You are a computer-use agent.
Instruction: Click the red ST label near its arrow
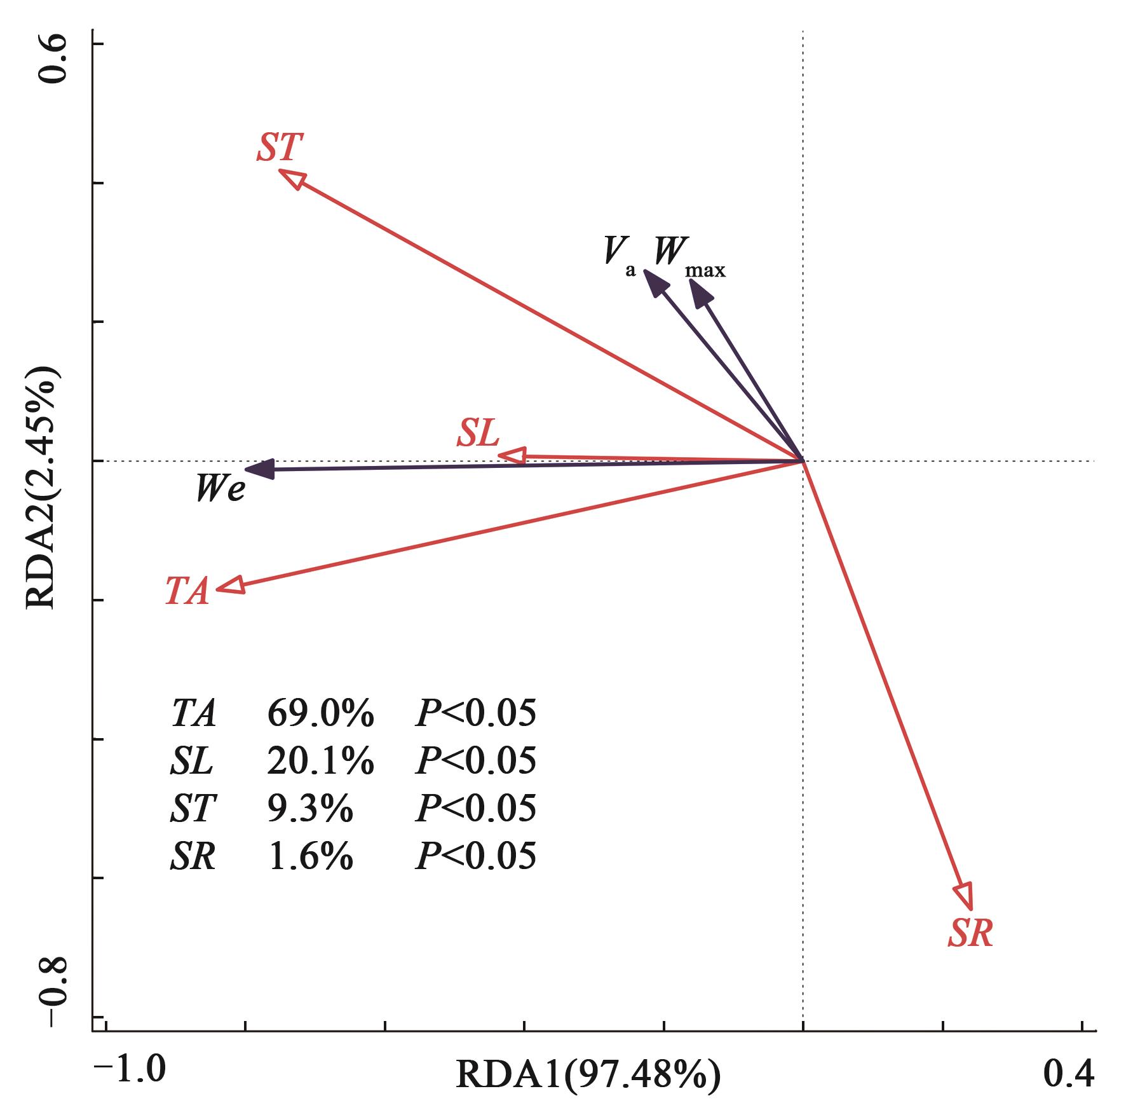coord(278,147)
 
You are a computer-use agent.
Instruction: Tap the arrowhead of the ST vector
coord(292,178)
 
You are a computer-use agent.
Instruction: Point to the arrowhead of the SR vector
coord(965,895)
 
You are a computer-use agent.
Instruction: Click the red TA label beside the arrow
coord(187,591)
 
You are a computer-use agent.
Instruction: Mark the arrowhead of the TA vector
coord(231,586)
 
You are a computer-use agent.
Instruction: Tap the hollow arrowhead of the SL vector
coord(512,455)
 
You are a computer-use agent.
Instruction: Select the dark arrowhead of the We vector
coord(259,469)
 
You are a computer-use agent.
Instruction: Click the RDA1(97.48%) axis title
coord(588,1074)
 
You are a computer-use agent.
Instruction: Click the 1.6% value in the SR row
coord(310,856)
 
